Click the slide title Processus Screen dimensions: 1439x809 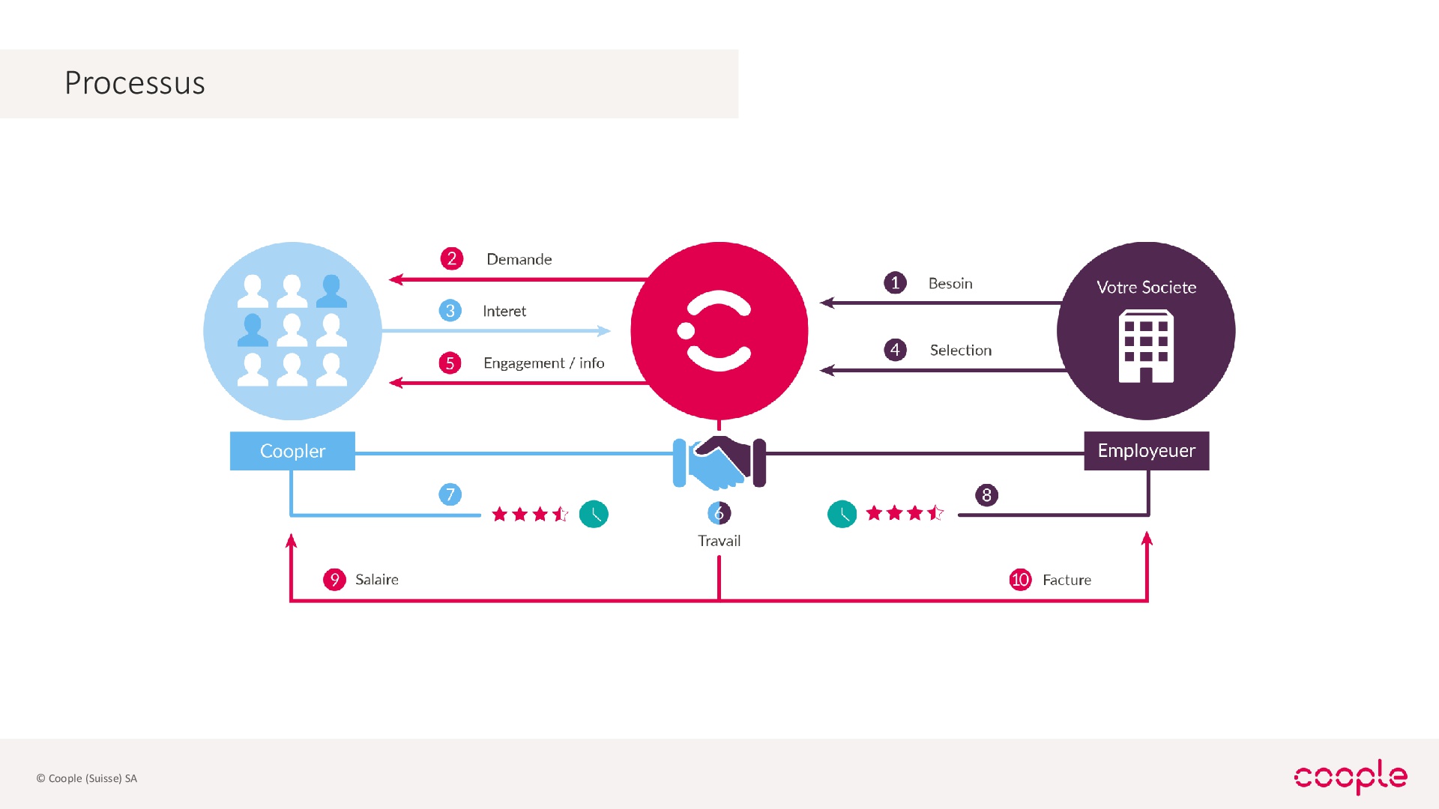pyautogui.click(x=135, y=82)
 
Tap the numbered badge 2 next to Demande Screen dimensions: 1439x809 pyautogui.click(x=452, y=258)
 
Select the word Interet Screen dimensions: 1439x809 pyautogui.click(x=504, y=311)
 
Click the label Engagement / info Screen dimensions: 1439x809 pyautogui.click(x=544, y=363)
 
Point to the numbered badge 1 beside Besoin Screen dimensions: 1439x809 pyautogui.click(x=895, y=283)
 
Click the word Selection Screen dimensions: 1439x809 pyautogui.click(x=961, y=350)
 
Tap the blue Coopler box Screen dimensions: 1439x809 pyautogui.click(x=292, y=451)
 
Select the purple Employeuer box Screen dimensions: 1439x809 pyautogui.click(x=1147, y=451)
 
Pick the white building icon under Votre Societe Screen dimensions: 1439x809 pyautogui.click(x=1146, y=347)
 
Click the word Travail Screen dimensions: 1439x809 pyautogui.click(x=719, y=541)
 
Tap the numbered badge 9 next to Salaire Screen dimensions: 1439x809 pyautogui.click(x=334, y=579)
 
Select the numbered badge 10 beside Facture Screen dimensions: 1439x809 pyautogui.click(x=1020, y=580)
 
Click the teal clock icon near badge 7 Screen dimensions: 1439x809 pyautogui.click(x=594, y=514)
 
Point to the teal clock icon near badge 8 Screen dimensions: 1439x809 pyautogui.click(x=842, y=514)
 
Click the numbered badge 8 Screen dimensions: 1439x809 pyautogui.click(x=986, y=495)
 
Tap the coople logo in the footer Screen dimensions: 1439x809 pyautogui.click(x=1351, y=776)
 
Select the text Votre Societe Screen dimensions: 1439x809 pyautogui.click(x=1147, y=287)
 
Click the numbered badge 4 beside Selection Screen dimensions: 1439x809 pyautogui.click(x=895, y=350)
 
